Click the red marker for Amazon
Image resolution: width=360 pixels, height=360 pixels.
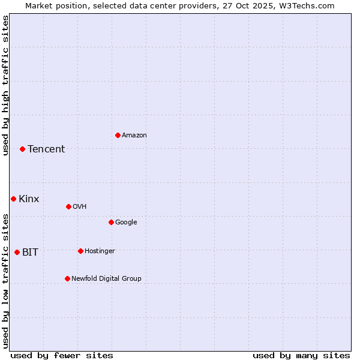pos(118,135)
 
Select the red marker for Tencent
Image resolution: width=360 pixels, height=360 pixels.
pos(22,149)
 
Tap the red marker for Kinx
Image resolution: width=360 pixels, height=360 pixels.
pos(13,199)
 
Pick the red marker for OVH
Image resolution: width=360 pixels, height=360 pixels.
pos(68,206)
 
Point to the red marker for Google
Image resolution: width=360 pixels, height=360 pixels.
pos(111,222)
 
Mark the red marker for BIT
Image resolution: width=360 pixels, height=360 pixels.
pos(17,252)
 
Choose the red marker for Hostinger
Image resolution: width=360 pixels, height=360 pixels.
pos(80,251)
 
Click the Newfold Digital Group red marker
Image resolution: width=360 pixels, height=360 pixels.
pos(67,278)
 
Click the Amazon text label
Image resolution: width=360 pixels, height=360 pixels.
pos(134,136)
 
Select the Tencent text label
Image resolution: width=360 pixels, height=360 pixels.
pos(46,149)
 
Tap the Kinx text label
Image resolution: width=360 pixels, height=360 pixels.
pos(29,199)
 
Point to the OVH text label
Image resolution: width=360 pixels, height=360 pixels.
pos(80,207)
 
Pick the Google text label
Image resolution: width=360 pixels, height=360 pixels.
pos(126,223)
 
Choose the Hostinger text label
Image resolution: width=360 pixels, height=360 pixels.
pos(100,251)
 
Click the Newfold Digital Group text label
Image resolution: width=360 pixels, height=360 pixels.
pos(106,279)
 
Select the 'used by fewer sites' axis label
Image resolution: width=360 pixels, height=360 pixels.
pos(62,355)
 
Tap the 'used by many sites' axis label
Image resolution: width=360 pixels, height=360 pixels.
pos(301,355)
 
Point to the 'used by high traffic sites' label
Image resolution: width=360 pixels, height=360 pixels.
pos(5,85)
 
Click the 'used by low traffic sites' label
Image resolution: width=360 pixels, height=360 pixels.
pos(5,281)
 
